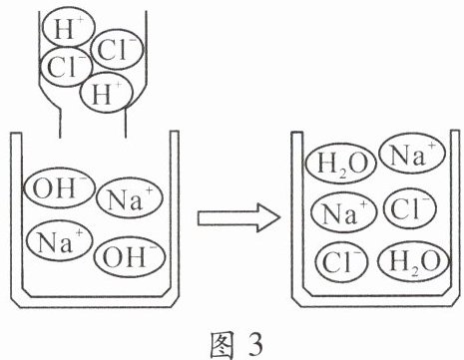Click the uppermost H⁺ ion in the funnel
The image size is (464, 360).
coord(69,28)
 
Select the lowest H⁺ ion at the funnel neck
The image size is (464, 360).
coord(107,93)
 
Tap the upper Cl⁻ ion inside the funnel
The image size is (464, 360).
coord(117,50)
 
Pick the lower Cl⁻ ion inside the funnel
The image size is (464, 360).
coord(66,67)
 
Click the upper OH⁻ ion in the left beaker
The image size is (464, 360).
coord(59,188)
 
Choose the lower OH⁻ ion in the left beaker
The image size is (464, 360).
coord(130,256)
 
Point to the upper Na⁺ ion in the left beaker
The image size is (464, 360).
coord(130,199)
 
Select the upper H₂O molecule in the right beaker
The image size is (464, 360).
coord(341,164)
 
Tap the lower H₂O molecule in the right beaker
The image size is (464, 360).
coord(414,261)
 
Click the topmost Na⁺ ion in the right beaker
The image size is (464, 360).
coord(412,155)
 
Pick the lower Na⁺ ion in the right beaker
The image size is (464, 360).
coord(344,212)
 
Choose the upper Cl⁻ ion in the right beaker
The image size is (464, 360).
coord(409,208)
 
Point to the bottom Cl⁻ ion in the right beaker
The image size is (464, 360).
coord(342,261)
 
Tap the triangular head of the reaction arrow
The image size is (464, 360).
coord(268,218)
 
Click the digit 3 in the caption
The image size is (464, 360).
coord(255,344)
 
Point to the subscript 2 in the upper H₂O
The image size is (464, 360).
coord(341,174)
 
